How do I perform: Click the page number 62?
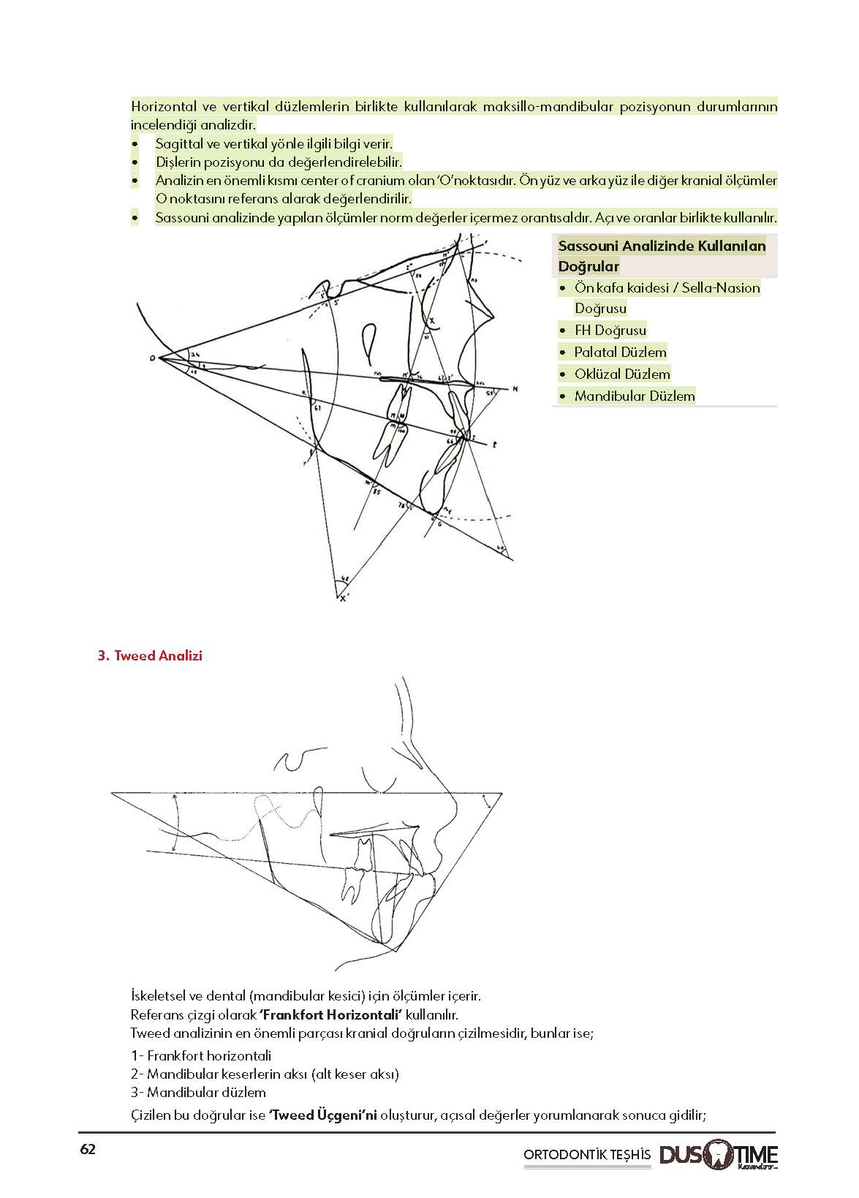click(x=88, y=1149)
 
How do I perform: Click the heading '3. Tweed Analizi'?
click(x=150, y=656)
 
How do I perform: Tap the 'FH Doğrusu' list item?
click(x=610, y=331)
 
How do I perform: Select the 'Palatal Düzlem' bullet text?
click(x=620, y=353)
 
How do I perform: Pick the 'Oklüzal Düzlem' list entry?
click(x=621, y=374)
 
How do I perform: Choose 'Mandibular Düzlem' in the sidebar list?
click(x=634, y=396)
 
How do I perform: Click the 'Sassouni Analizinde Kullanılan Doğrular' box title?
click(x=662, y=256)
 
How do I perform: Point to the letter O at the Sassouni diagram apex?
click(x=152, y=358)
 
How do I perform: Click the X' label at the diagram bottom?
click(x=344, y=598)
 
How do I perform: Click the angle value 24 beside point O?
click(x=194, y=354)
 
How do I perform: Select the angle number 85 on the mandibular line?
click(x=376, y=491)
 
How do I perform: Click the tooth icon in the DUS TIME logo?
click(x=719, y=1154)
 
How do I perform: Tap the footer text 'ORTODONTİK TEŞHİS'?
click(x=586, y=1155)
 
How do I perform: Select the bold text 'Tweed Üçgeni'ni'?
click(x=323, y=1115)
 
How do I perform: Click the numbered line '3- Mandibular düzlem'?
click(x=198, y=1093)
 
